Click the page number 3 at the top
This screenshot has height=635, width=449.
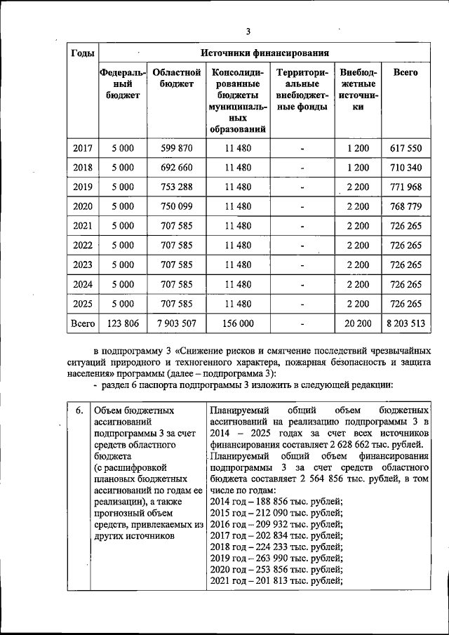coord(248,31)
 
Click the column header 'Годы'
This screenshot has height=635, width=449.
coord(83,54)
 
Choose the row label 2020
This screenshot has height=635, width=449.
coord(83,206)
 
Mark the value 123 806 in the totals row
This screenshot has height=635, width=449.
coord(123,323)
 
